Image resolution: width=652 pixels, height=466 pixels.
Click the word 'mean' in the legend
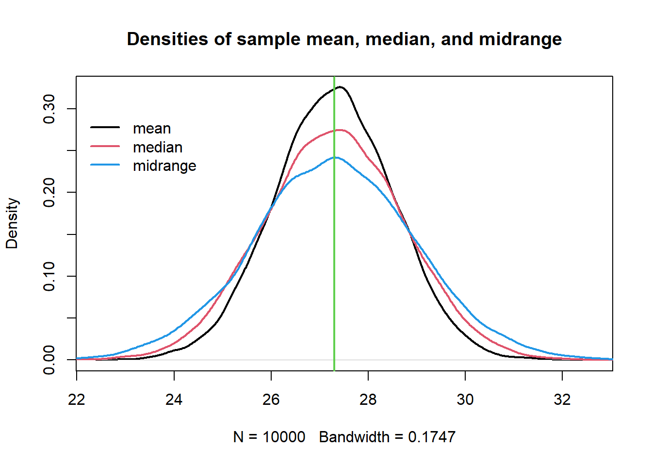(152, 129)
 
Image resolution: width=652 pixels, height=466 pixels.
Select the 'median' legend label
(158, 147)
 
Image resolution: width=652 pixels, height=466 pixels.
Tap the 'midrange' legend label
(164, 166)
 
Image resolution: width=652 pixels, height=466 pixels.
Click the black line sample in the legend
(105, 127)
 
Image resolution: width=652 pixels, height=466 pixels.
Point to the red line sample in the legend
(105, 146)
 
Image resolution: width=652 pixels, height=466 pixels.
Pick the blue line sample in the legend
(105, 165)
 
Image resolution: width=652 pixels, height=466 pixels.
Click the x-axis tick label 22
(77, 399)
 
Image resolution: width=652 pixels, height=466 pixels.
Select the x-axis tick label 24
(174, 399)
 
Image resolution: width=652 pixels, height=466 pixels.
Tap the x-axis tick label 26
(271, 399)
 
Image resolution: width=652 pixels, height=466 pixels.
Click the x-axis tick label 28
(368, 399)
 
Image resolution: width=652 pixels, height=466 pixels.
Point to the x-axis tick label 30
(465, 399)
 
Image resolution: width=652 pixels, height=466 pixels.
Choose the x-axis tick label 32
(562, 399)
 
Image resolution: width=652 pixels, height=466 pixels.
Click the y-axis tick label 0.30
(49, 109)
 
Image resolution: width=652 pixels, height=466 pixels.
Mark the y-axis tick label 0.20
(49, 192)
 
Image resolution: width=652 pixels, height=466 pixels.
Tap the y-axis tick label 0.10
(49, 276)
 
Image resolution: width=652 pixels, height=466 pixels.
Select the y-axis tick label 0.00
(49, 360)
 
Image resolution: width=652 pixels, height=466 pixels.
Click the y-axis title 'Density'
(12, 223)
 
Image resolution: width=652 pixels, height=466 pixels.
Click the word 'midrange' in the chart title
(520, 39)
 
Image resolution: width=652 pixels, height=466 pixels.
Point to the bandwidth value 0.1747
(432, 437)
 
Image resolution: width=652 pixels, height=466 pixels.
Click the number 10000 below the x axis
(284, 437)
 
